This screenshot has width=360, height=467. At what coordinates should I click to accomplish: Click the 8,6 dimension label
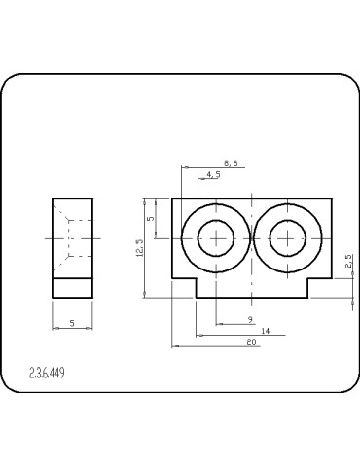pyautogui.click(x=231, y=163)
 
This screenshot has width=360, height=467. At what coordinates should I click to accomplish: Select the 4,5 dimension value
pyautogui.click(x=213, y=174)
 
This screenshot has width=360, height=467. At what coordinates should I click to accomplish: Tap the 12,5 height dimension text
pyautogui.click(x=140, y=248)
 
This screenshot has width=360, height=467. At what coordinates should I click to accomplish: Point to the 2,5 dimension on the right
pyautogui.click(x=348, y=261)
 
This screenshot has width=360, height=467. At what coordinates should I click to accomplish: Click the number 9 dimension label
pyautogui.click(x=250, y=320)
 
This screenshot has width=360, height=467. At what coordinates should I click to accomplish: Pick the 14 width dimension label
pyautogui.click(x=266, y=331)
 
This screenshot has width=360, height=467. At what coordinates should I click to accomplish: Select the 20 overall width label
pyautogui.click(x=251, y=342)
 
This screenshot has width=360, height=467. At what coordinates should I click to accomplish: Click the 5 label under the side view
pyautogui.click(x=72, y=323)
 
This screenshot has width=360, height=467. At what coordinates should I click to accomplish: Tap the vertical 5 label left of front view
pyautogui.click(x=151, y=219)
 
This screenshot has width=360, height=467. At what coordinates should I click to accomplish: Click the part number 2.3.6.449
pyautogui.click(x=47, y=373)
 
